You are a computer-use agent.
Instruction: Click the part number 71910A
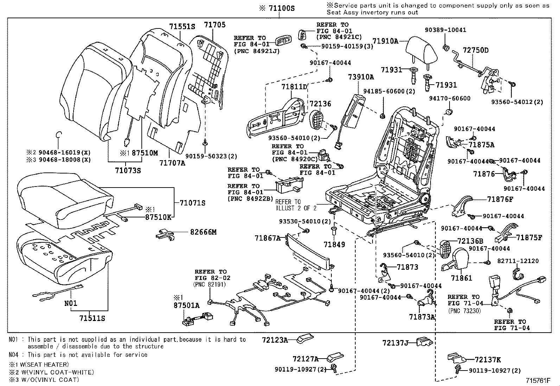coord(385,41)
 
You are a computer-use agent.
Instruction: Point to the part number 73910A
coord(361,77)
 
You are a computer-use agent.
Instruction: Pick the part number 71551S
coord(182,27)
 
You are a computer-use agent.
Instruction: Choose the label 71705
coord(215,25)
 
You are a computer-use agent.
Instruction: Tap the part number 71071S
coord(192,203)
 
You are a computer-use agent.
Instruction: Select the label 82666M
coord(203,232)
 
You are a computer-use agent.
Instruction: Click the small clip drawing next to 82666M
coord(165,234)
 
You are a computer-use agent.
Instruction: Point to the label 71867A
coord(268,238)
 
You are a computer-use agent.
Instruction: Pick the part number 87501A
coord(186,306)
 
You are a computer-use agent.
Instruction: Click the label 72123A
coord(275,340)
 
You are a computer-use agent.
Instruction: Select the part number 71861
coord(462,278)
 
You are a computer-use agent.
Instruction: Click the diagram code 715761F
coord(538,380)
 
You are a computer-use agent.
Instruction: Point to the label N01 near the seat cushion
coord(71,303)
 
